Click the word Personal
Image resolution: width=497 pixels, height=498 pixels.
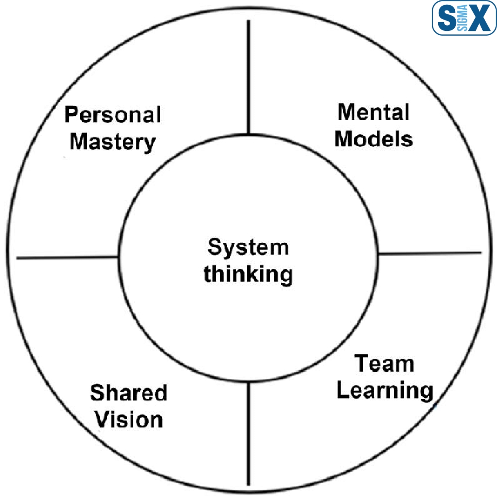(x=113, y=115)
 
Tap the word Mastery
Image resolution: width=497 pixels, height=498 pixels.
(x=113, y=142)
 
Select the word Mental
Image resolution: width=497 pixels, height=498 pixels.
(x=373, y=112)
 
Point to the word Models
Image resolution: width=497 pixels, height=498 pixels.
(x=373, y=139)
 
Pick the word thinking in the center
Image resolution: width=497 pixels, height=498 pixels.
(x=248, y=274)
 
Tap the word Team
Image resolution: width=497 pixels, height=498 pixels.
(x=384, y=363)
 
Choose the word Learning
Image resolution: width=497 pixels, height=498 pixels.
(x=385, y=390)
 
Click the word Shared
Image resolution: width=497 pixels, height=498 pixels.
(x=129, y=393)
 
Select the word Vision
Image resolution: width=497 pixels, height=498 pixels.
(x=129, y=420)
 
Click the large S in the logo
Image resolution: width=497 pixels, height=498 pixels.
(x=446, y=18)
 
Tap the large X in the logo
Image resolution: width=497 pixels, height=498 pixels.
(x=480, y=18)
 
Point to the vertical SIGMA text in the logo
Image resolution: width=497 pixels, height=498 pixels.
(x=463, y=18)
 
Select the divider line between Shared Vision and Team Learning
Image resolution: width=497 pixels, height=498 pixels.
(x=248, y=433)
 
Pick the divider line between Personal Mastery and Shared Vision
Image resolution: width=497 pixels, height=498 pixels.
(x=67, y=258)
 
